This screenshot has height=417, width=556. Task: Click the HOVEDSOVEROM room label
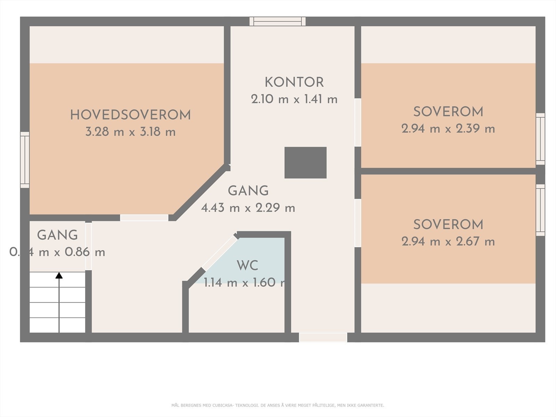[x=130, y=115]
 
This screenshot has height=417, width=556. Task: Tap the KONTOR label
[x=294, y=83]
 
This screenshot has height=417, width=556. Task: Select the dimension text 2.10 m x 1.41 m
[x=294, y=99]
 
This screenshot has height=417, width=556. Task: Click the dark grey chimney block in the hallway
[x=305, y=163]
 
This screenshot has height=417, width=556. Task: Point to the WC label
[x=247, y=265]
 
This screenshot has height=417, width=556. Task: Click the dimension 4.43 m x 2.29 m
[x=248, y=208]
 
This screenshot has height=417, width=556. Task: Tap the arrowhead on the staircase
[x=59, y=276]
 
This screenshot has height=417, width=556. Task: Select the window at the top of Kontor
[x=278, y=22]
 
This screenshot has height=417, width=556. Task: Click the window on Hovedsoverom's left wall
[x=25, y=160]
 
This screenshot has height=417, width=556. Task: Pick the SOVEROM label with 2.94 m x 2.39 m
[x=448, y=112]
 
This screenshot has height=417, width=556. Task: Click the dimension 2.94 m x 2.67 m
[x=448, y=242]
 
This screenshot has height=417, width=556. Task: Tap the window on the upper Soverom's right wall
[x=540, y=139]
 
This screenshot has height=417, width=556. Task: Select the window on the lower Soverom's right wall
[x=540, y=210]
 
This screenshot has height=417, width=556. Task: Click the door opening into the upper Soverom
[x=358, y=122]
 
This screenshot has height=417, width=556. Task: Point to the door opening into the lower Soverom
[x=358, y=223]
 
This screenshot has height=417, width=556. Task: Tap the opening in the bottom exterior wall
[x=323, y=337]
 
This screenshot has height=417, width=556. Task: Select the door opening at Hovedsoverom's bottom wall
[x=144, y=218]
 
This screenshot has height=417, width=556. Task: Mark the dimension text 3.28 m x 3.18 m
[x=130, y=132]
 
